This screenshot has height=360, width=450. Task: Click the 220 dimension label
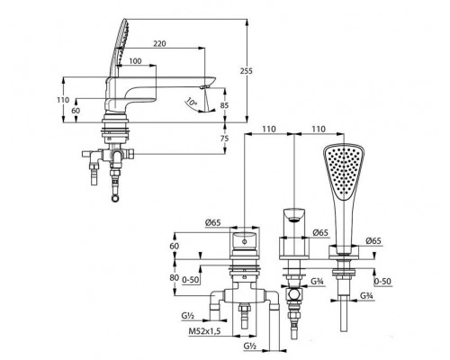point(159,44)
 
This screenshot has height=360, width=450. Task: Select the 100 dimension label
point(135,61)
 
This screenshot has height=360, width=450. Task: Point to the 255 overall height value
point(247,71)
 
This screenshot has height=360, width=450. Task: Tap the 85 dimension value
point(225,105)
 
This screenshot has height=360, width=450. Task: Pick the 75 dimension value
point(224,139)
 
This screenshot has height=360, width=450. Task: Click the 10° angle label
point(191,102)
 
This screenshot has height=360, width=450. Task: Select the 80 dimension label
point(175,278)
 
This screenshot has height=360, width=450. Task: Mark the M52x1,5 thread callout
point(204,331)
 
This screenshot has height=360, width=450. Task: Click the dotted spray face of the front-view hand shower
point(344,173)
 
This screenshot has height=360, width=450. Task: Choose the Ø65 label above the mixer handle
point(213,222)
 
